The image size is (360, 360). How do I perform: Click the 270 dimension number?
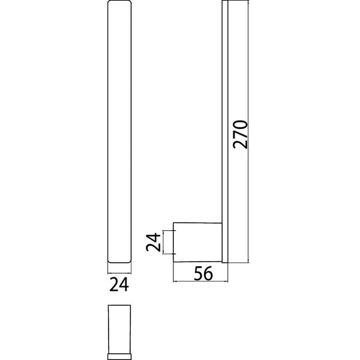[x=240, y=134]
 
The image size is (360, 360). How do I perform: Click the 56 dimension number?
[x=203, y=274]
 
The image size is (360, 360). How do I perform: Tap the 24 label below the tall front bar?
[x=119, y=284]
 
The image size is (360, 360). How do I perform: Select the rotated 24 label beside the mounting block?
[x=153, y=242]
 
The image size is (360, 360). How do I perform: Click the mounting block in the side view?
[x=197, y=242]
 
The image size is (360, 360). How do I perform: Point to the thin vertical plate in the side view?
[x=225, y=131]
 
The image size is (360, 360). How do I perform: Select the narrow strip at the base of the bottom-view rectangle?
[x=119, y=356]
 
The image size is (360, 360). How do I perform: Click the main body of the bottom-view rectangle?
[x=119, y=329]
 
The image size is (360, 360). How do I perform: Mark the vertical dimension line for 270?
[x=248, y=131]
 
